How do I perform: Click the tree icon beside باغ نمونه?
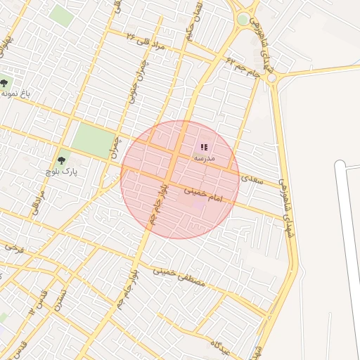point(5,84)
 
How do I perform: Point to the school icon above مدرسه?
point(204,148)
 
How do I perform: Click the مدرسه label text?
point(204,159)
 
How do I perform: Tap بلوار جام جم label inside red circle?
point(157,204)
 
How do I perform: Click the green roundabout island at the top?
point(243,20)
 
